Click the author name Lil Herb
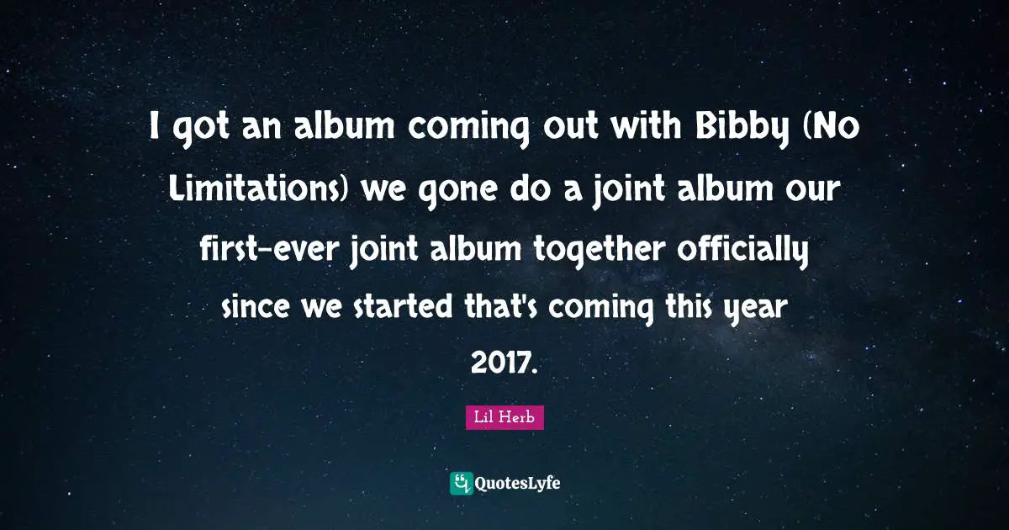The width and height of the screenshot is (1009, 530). pos(504,418)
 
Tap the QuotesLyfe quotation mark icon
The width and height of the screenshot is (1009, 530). pos(462,483)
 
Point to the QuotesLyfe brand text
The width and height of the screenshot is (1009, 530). pos(518,484)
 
